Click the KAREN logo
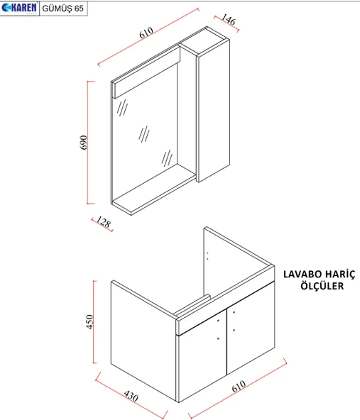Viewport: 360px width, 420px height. pos(19,8)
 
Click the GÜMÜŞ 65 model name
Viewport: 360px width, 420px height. pos(63,9)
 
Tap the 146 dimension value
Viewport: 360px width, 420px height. pos(229,20)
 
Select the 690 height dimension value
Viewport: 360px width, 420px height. pos(84,142)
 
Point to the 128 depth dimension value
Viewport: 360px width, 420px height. pos(103,222)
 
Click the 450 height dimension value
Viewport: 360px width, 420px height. pos(89,321)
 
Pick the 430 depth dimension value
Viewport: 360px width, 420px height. pos(131,396)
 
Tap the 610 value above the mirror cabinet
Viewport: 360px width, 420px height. pos(146,33)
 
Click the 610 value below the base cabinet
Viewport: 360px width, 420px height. pos(239,386)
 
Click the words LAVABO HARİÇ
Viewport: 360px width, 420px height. pos(320,274)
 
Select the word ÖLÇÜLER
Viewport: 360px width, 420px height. pos(322,285)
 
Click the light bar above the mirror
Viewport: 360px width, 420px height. pos(146,72)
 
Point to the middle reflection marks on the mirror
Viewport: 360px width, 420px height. pos(144,134)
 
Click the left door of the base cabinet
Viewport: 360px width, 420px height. pos(202,355)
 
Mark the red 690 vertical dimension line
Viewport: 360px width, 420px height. pos(87,142)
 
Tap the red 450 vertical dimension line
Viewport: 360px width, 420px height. pos(94,321)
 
